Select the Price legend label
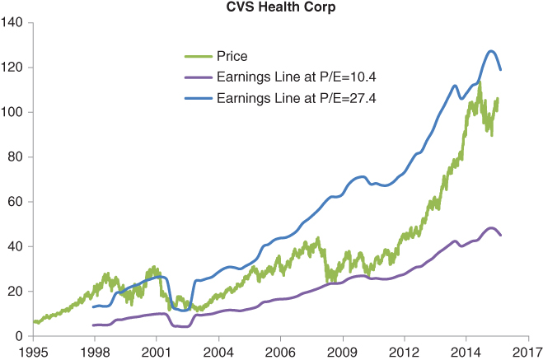232,57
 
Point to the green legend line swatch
198,57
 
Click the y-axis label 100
14,112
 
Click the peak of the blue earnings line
491,51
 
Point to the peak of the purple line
491,228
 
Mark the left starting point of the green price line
34,322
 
